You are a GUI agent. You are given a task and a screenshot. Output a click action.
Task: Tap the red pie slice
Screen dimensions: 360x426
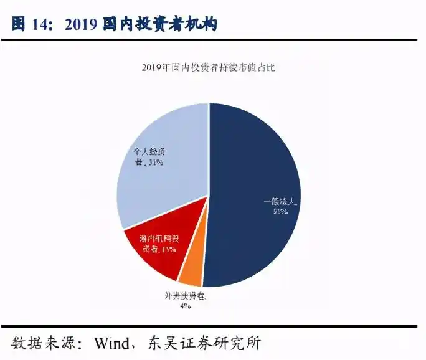point(156,249)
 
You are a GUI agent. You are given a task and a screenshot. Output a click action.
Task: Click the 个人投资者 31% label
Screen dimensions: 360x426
point(149,158)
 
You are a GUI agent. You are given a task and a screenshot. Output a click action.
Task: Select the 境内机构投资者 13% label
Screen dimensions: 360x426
point(151,244)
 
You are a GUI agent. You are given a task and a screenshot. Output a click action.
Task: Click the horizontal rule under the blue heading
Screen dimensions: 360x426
point(213,40)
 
